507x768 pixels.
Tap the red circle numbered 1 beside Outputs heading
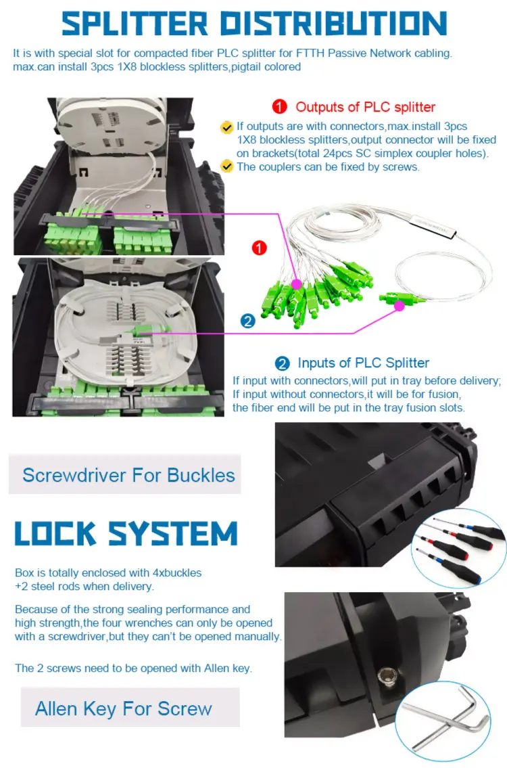pyautogui.click(x=280, y=107)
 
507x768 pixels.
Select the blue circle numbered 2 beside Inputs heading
pyautogui.click(x=282, y=363)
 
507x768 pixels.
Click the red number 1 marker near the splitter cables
pyautogui.click(x=259, y=248)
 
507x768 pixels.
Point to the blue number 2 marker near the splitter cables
pyautogui.click(x=248, y=321)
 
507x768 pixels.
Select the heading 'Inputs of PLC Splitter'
pyautogui.click(x=363, y=363)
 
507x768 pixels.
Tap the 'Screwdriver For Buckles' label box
pyautogui.click(x=128, y=474)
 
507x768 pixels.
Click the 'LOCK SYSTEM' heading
pyautogui.click(x=126, y=533)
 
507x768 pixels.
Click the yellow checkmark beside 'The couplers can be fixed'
pyautogui.click(x=227, y=166)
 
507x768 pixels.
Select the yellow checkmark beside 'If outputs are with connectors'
pyautogui.click(x=227, y=127)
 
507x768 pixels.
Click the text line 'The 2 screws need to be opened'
pyautogui.click(x=133, y=668)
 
